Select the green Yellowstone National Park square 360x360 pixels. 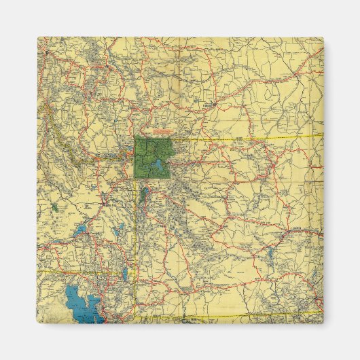(x=151, y=156)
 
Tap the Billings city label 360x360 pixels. (x=208, y=106)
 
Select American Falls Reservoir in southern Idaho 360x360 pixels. (x=81, y=231)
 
